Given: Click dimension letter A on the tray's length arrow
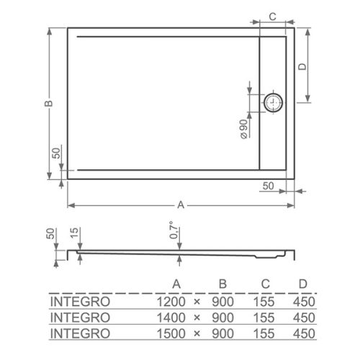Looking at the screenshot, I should click(181, 205).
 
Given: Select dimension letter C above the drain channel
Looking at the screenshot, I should click(274, 16).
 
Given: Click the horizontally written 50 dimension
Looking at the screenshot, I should click(268, 186).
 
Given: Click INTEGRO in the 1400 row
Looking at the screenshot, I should click(79, 317).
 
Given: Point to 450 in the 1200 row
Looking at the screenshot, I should click(303, 301).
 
